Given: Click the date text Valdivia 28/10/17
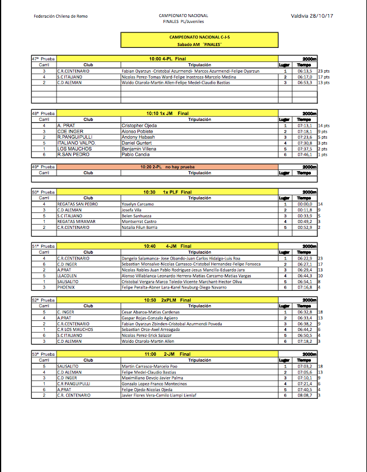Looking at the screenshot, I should (312, 15).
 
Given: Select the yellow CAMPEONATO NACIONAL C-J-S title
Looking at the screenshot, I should (199, 37).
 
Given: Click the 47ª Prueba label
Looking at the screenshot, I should (43, 59).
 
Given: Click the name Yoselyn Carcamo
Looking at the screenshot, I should (139, 204).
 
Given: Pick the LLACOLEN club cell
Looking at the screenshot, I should (67, 276).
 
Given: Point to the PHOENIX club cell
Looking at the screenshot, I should (67, 287).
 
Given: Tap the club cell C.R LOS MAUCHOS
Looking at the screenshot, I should (77, 329).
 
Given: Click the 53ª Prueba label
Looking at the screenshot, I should (43, 354).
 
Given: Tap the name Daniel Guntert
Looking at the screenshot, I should (137, 143).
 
